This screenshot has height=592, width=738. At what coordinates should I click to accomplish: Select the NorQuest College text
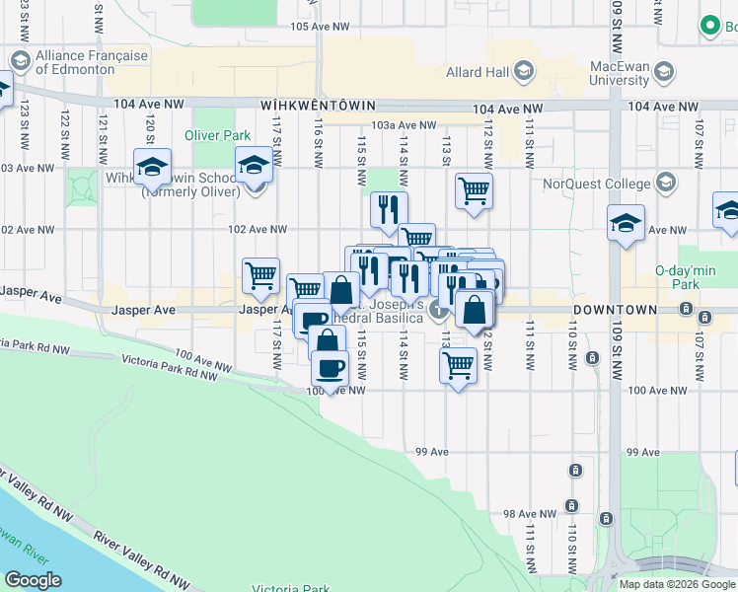pyautogui.click(x=597, y=184)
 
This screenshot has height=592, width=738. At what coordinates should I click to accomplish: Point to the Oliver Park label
pyautogui.click(x=215, y=134)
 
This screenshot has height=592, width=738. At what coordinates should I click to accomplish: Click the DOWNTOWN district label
pyautogui.click(x=616, y=310)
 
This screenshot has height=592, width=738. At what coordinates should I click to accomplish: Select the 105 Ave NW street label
pyautogui.click(x=320, y=27)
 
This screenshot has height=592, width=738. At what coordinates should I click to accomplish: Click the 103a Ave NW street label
pyautogui.click(x=404, y=125)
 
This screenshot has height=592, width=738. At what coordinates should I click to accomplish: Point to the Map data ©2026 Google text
pyautogui.click(x=677, y=584)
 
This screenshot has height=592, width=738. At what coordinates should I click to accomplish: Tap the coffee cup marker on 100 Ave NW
pyautogui.click(x=330, y=367)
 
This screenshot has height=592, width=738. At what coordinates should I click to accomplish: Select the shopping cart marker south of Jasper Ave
pyautogui.click(x=458, y=363)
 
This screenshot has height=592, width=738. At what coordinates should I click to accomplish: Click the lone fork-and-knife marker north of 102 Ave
pyautogui.click(x=389, y=208)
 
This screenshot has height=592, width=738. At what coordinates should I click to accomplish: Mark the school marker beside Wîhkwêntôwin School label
pyautogui.click(x=153, y=168)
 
